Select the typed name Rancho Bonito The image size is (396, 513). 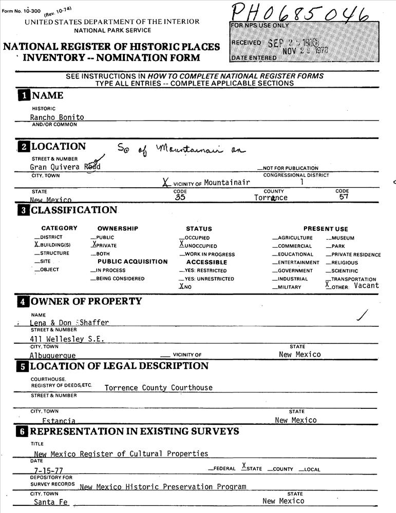point(57,117)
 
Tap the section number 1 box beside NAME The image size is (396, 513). point(24,95)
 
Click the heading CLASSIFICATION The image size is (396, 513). point(74,210)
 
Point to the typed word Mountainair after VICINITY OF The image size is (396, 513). point(227,183)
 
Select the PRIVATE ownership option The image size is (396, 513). point(105,246)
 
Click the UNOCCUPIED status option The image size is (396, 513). point(200,246)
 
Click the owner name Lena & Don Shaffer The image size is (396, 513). point(69,323)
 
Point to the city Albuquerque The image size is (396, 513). point(52,356)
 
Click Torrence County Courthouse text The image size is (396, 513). point(158,388)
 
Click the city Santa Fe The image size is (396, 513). point(51,502)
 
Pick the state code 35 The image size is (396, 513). point(180,198)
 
